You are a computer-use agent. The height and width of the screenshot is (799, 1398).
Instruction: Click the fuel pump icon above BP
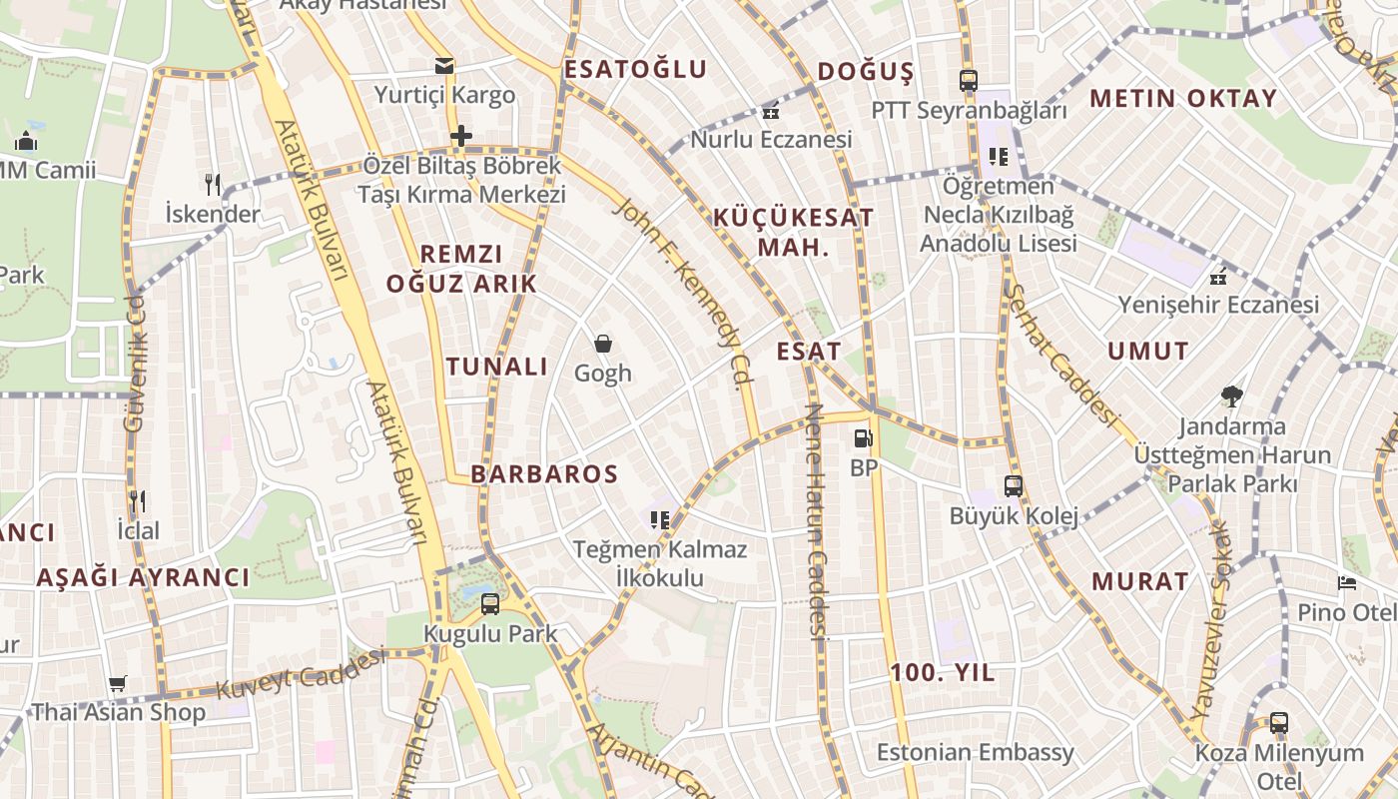pyautogui.click(x=863, y=438)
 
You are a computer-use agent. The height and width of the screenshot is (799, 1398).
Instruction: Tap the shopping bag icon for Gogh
pyautogui.click(x=603, y=344)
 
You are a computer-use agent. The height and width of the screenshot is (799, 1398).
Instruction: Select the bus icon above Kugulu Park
pyautogui.click(x=490, y=603)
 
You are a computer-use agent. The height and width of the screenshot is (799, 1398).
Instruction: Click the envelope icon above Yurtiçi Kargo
pyautogui.click(x=444, y=66)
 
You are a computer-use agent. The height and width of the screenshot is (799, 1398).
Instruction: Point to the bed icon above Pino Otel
pyautogui.click(x=1347, y=582)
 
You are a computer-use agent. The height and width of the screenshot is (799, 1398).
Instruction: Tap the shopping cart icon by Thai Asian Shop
pyautogui.click(x=118, y=684)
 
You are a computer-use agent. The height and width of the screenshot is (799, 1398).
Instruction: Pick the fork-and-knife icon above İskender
pyautogui.click(x=212, y=184)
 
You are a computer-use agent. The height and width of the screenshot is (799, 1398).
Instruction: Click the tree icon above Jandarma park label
pyautogui.click(x=1232, y=397)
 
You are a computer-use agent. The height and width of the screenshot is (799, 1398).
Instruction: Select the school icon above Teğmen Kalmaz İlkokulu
pyautogui.click(x=659, y=519)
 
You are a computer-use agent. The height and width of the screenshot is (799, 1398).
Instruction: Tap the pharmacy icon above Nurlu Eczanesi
pyautogui.click(x=770, y=110)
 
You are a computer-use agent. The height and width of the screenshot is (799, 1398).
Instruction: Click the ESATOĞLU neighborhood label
pyautogui.click(x=635, y=70)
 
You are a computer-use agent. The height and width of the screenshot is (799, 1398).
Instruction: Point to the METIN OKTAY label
pyautogui.click(x=1183, y=98)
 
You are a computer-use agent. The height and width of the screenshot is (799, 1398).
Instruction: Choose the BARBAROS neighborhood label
pyautogui.click(x=544, y=473)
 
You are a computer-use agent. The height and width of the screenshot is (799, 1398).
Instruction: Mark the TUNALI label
pyautogui.click(x=497, y=367)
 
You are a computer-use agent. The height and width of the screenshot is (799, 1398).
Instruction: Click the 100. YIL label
pyautogui.click(x=943, y=673)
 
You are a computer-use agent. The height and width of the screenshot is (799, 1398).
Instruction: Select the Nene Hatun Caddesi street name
pyautogui.click(x=816, y=519)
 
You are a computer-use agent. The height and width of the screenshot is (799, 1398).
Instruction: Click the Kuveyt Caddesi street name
pyautogui.click(x=301, y=674)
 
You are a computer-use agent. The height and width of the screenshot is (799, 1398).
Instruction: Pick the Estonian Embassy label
pyautogui.click(x=976, y=752)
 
